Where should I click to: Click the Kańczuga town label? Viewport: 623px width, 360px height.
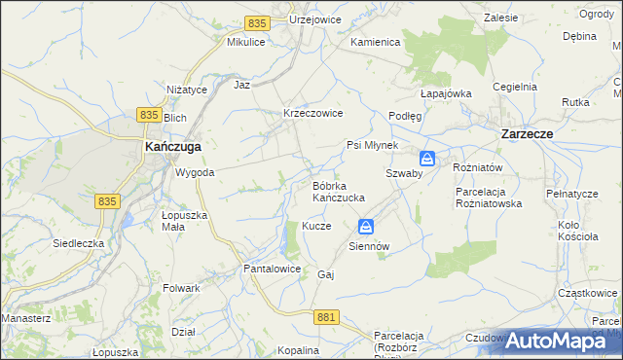click(x=172, y=146)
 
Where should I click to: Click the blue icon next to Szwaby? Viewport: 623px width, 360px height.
click(x=427, y=158)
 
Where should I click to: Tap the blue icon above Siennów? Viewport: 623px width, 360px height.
click(x=365, y=227)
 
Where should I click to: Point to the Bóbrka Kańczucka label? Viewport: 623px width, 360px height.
click(x=338, y=191)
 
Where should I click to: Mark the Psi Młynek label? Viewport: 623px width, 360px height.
click(x=373, y=145)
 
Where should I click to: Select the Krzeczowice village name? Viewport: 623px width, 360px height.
click(x=312, y=113)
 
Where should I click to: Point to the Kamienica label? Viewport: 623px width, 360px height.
click(x=376, y=43)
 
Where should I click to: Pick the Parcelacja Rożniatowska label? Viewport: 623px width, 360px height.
click(x=489, y=198)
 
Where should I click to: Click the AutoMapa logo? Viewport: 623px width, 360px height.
click(x=560, y=341)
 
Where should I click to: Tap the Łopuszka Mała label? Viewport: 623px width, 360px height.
click(x=184, y=220)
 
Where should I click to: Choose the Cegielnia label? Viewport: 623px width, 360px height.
click(x=515, y=86)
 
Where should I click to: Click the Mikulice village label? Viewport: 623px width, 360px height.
click(x=246, y=43)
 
